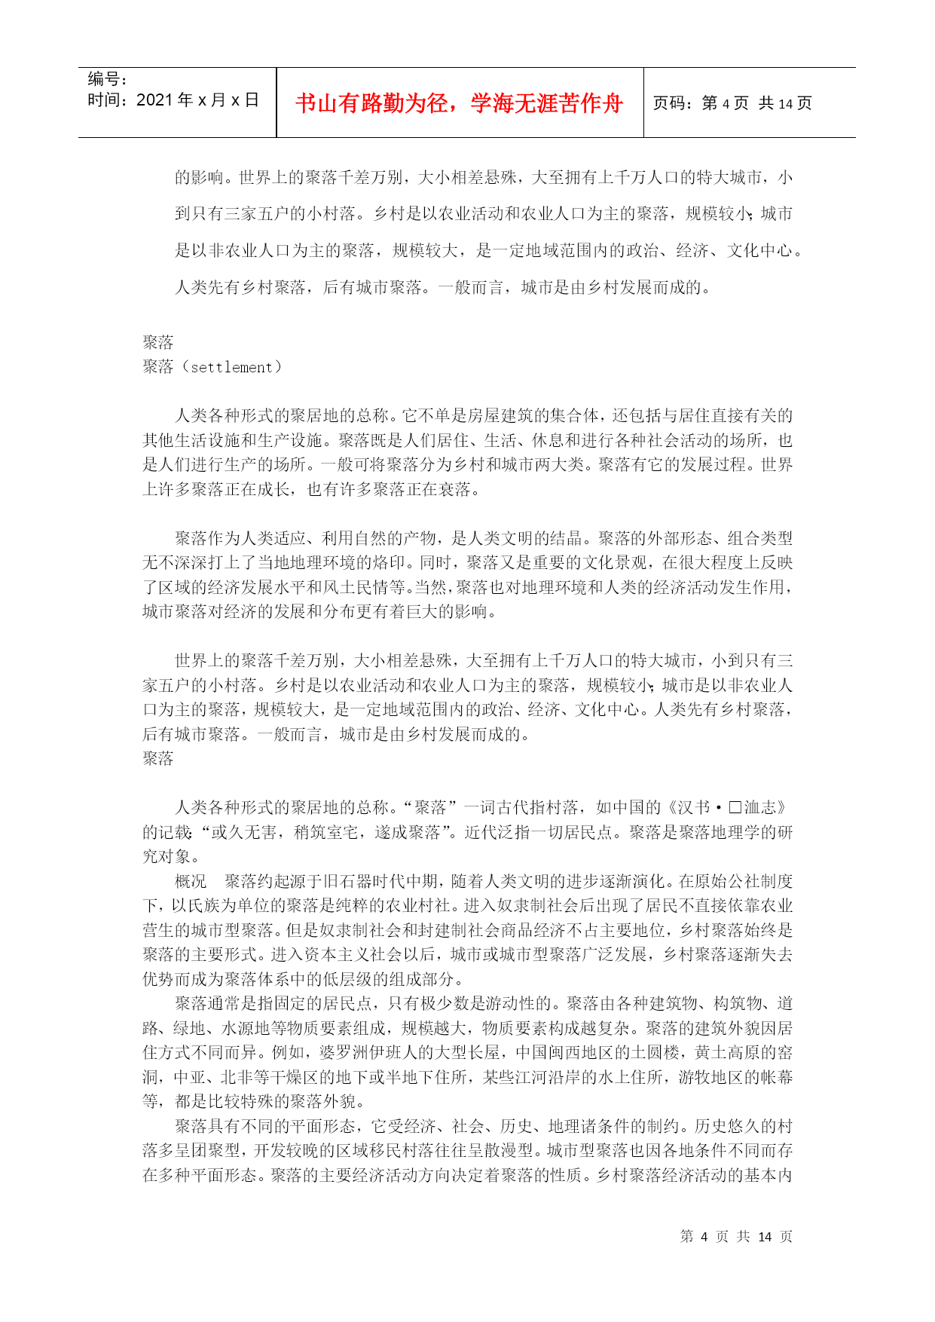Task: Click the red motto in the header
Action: [x=460, y=103]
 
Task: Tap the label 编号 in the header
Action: [x=103, y=78]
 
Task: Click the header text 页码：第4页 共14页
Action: [x=732, y=103]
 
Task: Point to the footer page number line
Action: [x=735, y=1237]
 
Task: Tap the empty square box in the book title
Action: [x=735, y=808]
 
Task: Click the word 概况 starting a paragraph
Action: [x=191, y=881]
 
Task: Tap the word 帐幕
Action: [x=776, y=1077]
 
